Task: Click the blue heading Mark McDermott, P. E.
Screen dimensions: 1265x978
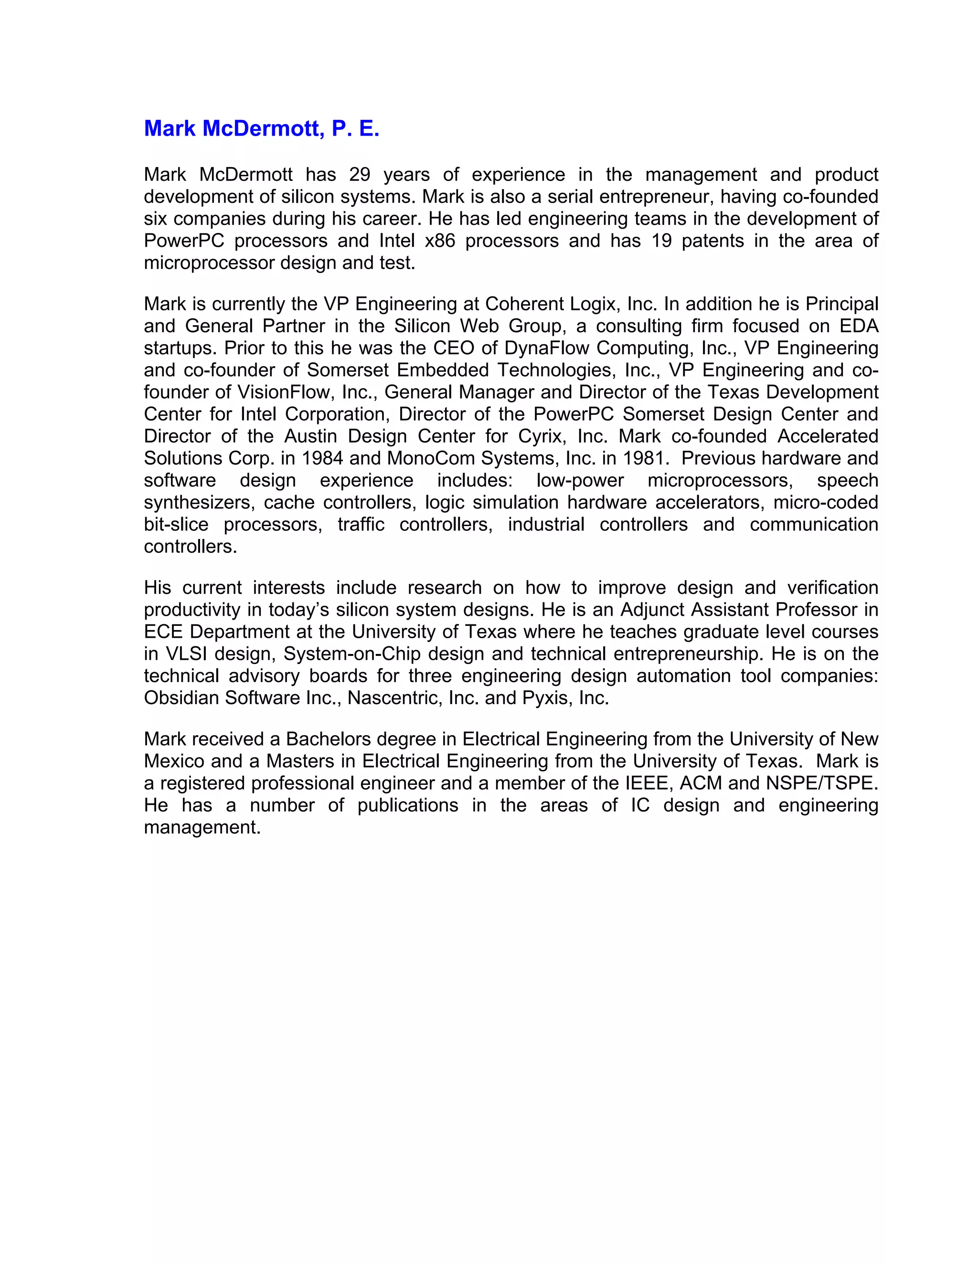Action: (261, 128)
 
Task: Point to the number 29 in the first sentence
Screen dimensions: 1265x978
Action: (360, 174)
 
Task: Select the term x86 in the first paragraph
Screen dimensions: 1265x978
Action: (440, 241)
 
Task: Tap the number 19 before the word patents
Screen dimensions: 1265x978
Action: (661, 241)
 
